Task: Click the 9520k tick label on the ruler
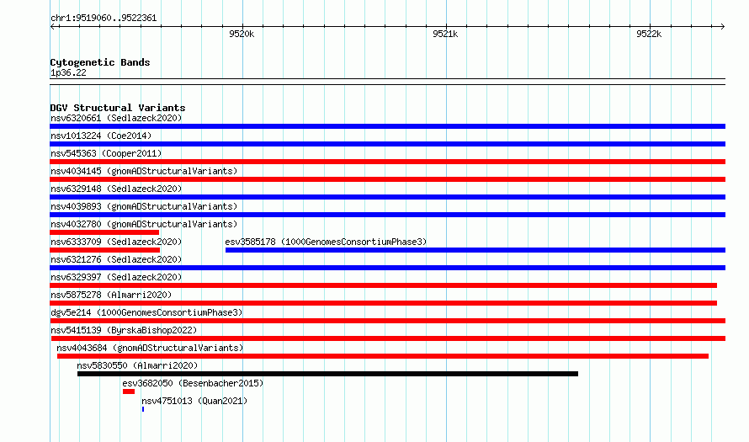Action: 242,34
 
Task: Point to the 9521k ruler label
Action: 445,34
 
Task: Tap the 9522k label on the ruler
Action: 649,34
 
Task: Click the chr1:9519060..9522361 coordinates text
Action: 104,19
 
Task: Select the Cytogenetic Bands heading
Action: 100,62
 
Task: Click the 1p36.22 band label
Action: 68,72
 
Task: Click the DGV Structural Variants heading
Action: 118,108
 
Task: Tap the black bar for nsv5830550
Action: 327,374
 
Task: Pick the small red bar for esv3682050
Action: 129,391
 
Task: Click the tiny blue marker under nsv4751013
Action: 143,409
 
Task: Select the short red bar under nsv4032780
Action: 104,232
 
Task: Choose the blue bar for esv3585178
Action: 475,250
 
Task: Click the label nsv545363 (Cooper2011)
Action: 106,153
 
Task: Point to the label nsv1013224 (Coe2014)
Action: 101,136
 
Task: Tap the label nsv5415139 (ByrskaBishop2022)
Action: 124,330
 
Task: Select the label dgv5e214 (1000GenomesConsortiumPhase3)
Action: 146,312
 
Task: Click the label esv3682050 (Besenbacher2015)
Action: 193,383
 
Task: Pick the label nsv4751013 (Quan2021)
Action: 194,401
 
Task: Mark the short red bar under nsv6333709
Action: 104,250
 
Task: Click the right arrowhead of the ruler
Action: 723,26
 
